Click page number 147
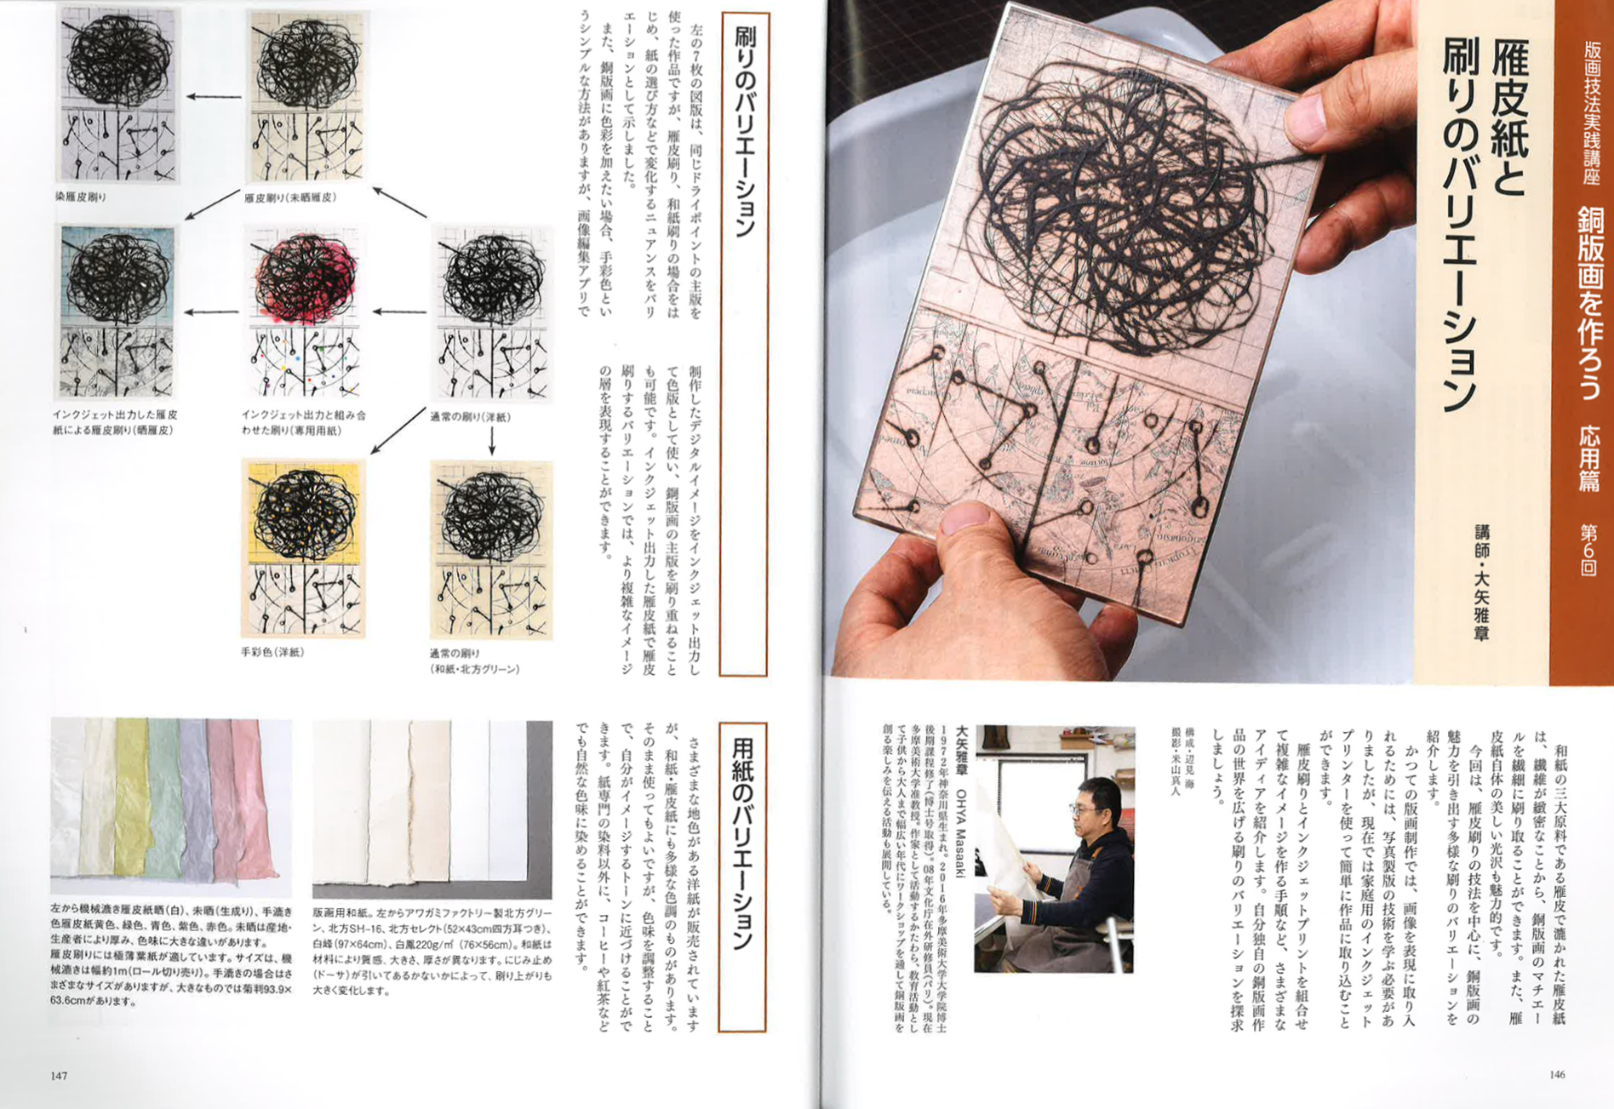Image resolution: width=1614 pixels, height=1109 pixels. pos(59,1076)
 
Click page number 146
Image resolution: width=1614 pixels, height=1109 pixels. pos(1557,1074)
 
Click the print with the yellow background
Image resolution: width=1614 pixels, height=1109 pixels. pos(304,549)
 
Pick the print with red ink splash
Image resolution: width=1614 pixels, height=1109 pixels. pos(304,312)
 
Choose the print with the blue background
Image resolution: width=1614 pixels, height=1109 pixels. pos(117,312)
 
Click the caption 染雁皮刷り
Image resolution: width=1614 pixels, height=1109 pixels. pos(81,197)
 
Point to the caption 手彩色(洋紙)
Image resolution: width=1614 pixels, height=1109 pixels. pos(272,652)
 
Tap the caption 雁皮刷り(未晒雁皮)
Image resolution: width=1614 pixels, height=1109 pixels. pos(290,197)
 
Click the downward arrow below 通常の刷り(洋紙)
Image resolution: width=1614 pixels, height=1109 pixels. pos(492,441)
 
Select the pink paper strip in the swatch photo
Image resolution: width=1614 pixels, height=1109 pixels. pos(247,800)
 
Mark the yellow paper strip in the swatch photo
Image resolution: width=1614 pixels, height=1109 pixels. pos(133,796)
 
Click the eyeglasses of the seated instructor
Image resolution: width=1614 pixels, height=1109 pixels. pos(1083,809)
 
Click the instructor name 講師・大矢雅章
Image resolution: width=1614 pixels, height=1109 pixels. pos(1481,582)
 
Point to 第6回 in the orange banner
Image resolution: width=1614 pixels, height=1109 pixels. pos(1588,549)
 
